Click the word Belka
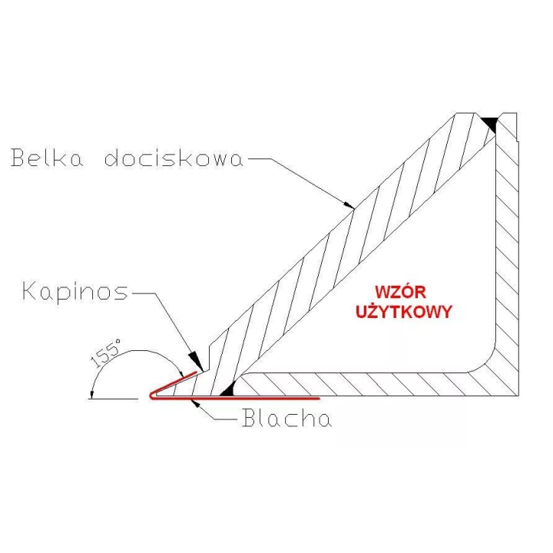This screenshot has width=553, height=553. pos(47,157)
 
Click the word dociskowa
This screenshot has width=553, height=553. pos(174,157)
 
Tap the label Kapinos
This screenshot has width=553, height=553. pos(75,292)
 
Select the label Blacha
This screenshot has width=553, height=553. pos(287,419)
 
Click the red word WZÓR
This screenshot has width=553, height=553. pos(400,292)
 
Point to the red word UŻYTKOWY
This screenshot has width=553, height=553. pos(404,311)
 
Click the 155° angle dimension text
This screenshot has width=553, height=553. pos(105,353)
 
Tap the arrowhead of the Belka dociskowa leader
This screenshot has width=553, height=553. pos(349,204)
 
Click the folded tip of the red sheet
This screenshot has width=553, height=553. pos(151,396)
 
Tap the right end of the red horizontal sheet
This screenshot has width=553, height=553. pos(319,399)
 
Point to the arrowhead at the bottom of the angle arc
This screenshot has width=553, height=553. pos(91,395)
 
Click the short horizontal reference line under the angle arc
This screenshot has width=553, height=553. pos(112,399)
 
